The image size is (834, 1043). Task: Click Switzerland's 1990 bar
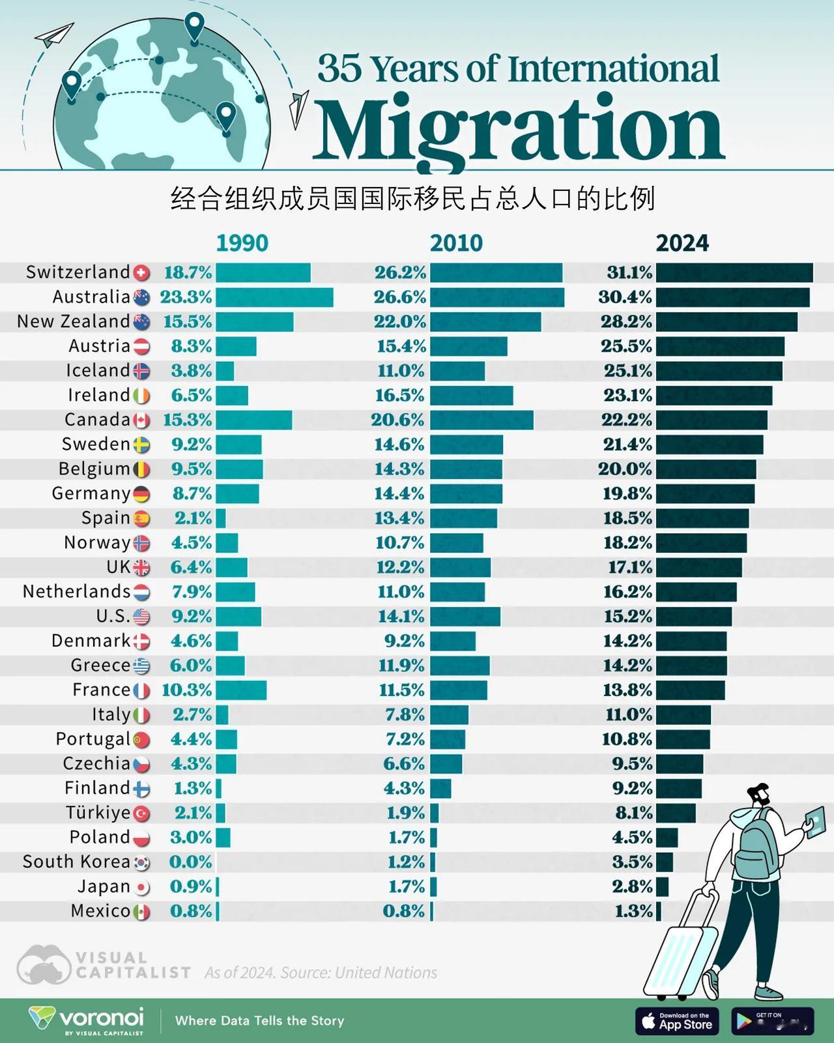(x=263, y=273)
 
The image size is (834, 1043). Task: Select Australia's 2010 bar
(x=497, y=298)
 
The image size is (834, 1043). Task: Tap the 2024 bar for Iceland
(x=719, y=372)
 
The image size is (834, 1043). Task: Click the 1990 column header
(x=242, y=242)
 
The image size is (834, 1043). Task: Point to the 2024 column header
(x=682, y=242)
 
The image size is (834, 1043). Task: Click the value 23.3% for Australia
(x=186, y=297)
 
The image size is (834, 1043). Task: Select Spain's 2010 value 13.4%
(x=400, y=519)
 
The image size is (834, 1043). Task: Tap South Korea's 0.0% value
(x=190, y=862)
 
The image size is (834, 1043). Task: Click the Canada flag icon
(x=141, y=420)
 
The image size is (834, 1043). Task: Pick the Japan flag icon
(x=141, y=888)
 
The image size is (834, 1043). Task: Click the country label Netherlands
(x=77, y=592)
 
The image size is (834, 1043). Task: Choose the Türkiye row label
(x=98, y=813)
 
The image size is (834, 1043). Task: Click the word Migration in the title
(x=519, y=130)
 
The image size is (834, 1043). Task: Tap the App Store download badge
(x=677, y=1021)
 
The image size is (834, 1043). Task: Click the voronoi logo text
(x=101, y=1017)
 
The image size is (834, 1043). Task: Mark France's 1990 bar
(x=241, y=690)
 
